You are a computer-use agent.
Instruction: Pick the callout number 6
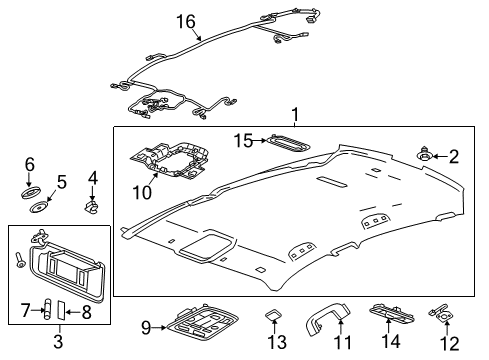tap(30, 164)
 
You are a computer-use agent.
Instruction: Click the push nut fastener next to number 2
tap(428, 155)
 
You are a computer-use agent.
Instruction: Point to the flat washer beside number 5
tap(40, 207)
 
